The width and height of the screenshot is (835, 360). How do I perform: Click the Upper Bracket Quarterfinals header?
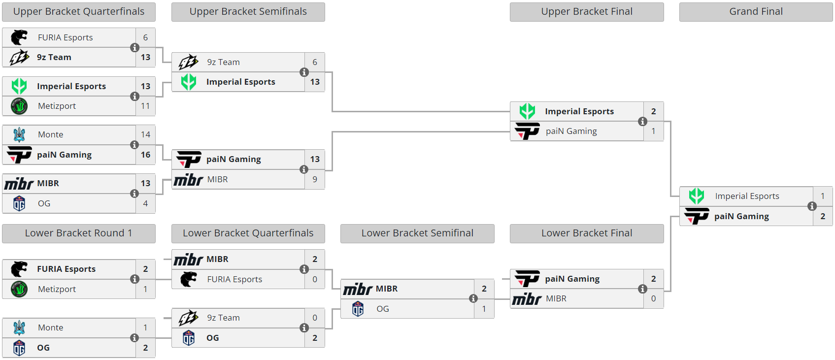click(79, 12)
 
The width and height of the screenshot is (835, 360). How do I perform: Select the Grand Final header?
click(756, 12)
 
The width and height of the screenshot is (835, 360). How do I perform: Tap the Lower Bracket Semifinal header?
click(417, 233)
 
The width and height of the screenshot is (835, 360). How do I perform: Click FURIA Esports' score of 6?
click(145, 37)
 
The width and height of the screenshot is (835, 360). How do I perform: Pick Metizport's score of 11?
click(145, 106)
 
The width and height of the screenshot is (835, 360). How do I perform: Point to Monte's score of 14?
click(145, 134)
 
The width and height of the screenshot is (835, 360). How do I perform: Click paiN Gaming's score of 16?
click(145, 155)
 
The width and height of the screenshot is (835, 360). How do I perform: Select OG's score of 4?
click(145, 203)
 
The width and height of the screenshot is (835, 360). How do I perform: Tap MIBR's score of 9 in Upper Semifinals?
click(315, 179)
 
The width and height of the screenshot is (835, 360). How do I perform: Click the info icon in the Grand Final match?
click(812, 206)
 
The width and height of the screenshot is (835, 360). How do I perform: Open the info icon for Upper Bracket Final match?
click(643, 122)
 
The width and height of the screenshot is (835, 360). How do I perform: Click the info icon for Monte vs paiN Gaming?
click(134, 145)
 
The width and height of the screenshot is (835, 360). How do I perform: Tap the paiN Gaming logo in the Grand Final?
click(697, 216)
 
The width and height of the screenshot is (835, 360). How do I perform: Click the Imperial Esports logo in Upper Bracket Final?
click(527, 111)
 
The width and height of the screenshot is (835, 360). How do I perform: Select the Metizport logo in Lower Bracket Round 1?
click(19, 289)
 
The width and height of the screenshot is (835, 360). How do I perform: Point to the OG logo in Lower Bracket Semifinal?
click(358, 309)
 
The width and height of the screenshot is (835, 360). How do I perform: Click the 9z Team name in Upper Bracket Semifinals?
click(223, 62)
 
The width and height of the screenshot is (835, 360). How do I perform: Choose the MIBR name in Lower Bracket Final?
click(556, 298)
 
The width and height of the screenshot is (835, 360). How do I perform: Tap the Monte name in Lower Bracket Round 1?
click(50, 327)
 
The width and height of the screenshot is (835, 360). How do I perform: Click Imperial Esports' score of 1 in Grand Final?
click(823, 196)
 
